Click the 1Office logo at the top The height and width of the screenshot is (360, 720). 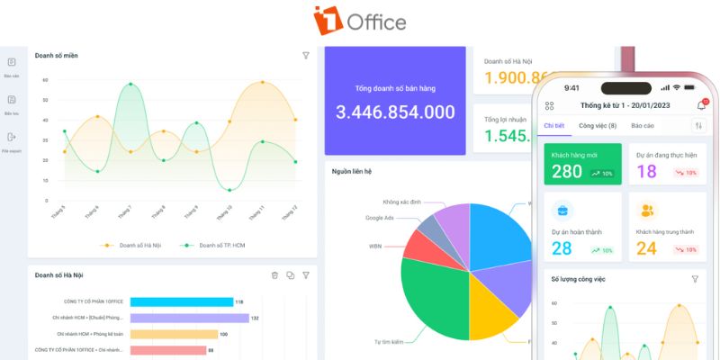pos(359,20)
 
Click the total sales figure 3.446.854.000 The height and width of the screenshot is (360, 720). pos(395,112)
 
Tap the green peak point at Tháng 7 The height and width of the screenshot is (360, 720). pos(130,85)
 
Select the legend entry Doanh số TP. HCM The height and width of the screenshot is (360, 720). pos(216,245)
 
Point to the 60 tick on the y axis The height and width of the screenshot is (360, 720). pos(45,80)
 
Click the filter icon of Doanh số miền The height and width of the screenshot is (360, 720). pos(305,56)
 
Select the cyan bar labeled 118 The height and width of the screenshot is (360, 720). pos(181,302)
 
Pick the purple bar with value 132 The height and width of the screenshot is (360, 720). pos(189,318)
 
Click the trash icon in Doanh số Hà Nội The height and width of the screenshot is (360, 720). pos(274,275)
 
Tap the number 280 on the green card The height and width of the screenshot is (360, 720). pos(567,171)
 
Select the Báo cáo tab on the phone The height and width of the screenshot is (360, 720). pos(643,126)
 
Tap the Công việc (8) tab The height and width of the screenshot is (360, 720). pos(598,126)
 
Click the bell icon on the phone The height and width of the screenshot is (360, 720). pos(701,105)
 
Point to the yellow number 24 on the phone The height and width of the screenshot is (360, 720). pos(647,247)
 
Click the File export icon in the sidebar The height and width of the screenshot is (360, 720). pos(12,138)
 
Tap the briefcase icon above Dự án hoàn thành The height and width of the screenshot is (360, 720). pos(562,211)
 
